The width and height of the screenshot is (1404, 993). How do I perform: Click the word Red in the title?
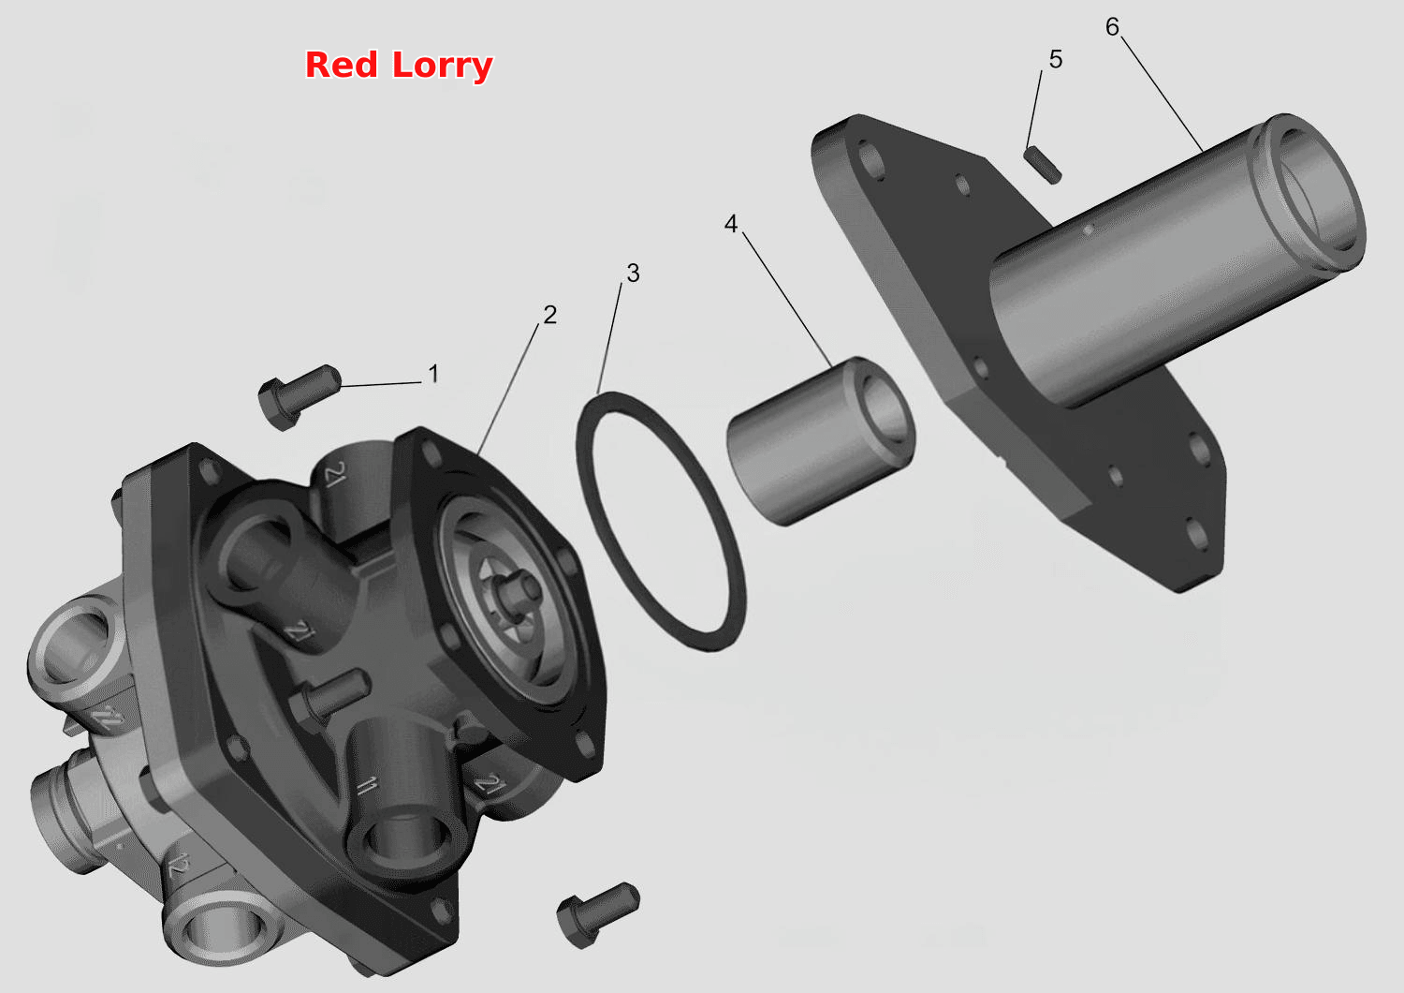pyautogui.click(x=342, y=65)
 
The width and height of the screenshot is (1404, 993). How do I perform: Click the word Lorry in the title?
pyautogui.click(x=443, y=67)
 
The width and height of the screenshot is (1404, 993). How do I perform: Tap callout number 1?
pyautogui.click(x=433, y=374)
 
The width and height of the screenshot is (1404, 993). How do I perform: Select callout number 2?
pyautogui.click(x=550, y=315)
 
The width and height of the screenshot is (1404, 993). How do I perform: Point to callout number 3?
pyautogui.click(x=633, y=273)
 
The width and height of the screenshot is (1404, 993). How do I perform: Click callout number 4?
pyautogui.click(x=731, y=224)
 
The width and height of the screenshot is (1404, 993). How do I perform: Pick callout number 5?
pyautogui.click(x=1056, y=60)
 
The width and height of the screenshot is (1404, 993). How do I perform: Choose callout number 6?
pyautogui.click(x=1112, y=27)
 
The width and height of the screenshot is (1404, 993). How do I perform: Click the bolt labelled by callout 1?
pyautogui.click(x=300, y=396)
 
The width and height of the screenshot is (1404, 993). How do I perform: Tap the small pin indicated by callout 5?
pyautogui.click(x=1043, y=165)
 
